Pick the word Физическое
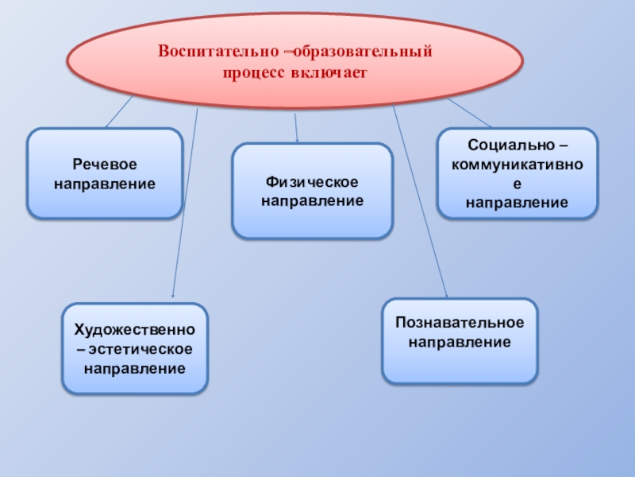tap(312, 182)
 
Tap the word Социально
tap(510, 148)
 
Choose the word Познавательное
tap(460, 324)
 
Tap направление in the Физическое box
tap(312, 201)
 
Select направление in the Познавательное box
tap(460, 343)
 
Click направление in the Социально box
tap(517, 203)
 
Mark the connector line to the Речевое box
tap(119, 112)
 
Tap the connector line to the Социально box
tap(471, 113)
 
